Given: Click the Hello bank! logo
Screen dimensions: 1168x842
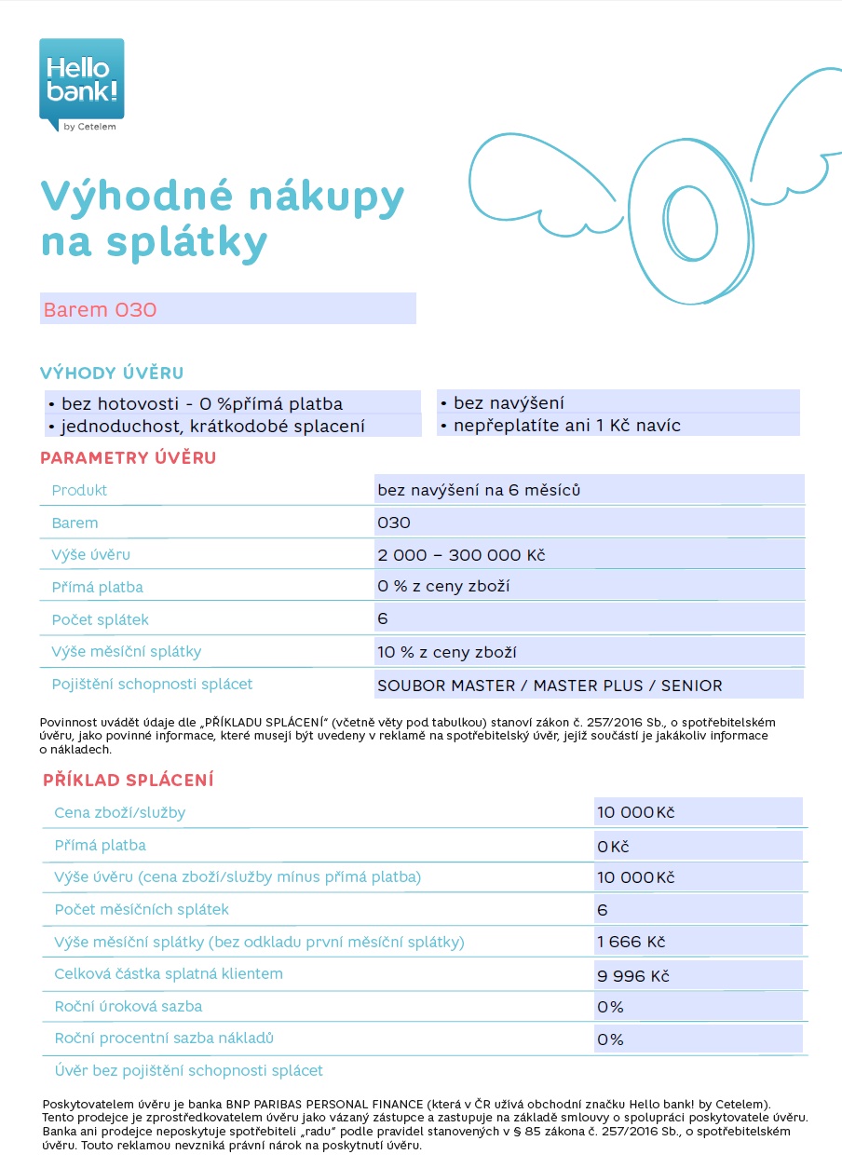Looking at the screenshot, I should (x=81, y=85).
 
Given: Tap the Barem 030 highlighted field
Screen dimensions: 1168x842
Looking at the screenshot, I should (x=227, y=309).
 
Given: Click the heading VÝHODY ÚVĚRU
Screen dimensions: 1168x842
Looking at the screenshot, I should (x=112, y=373).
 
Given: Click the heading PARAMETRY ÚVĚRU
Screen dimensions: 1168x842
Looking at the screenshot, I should (x=128, y=458).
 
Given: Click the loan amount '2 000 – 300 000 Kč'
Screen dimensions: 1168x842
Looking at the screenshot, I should (x=461, y=555).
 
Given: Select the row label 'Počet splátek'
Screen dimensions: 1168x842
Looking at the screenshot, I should (x=100, y=619).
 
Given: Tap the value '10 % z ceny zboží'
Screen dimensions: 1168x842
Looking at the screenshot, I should (x=447, y=652).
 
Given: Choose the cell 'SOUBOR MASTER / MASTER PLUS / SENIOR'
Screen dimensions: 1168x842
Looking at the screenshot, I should (x=550, y=686).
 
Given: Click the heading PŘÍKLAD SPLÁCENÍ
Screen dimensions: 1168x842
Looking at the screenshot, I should (x=129, y=781).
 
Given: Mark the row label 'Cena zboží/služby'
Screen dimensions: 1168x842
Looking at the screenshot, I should (x=120, y=812).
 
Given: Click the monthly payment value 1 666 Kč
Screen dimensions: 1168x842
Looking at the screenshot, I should (x=631, y=943).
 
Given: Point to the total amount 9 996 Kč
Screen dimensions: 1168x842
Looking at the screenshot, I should (x=633, y=976).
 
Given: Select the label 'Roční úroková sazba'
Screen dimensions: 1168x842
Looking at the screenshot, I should (x=129, y=1006).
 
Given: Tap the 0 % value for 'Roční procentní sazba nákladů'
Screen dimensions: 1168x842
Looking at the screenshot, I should (x=611, y=1039).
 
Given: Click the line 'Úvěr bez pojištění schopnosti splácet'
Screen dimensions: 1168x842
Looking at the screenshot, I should (x=189, y=1071).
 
